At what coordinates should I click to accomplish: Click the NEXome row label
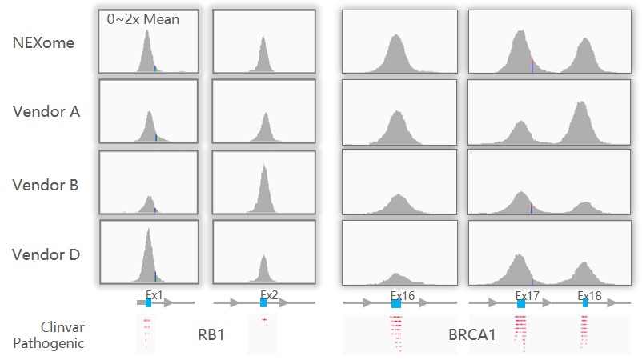pos(43,42)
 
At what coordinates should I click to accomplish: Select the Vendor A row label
pos(46,112)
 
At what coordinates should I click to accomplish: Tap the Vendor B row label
pos(46,185)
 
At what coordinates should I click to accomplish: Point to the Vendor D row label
pos(46,255)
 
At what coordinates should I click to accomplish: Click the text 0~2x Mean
pos(143,19)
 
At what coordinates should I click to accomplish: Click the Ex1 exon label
pos(154,294)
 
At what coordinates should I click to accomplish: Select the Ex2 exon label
pos(269,294)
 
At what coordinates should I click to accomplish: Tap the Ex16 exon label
pos(402,295)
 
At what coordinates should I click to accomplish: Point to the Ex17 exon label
pos(528,295)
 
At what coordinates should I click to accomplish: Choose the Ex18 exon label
pos(590,295)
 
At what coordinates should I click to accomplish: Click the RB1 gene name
pos(211,334)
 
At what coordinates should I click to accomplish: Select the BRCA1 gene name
pos(472,334)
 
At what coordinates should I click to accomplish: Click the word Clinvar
pos(62,327)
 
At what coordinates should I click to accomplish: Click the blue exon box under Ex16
pos(396,304)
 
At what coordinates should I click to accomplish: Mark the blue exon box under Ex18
pos(585,304)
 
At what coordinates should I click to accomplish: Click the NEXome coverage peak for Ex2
pos(264,56)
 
